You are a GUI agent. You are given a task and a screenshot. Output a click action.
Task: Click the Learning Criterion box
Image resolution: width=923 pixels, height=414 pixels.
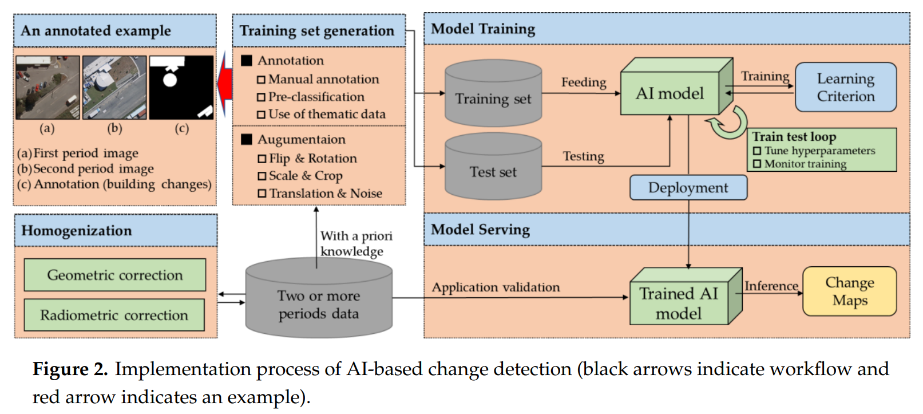pos(845,87)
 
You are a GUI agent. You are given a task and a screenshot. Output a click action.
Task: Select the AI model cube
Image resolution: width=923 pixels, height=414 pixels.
pos(670,93)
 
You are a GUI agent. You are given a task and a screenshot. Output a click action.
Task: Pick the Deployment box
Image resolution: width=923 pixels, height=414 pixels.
pos(688,188)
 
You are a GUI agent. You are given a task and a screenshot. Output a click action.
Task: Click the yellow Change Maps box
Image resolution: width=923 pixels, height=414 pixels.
pos(849,291)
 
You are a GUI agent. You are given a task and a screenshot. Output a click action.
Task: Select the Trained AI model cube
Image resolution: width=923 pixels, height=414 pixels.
pos(679,303)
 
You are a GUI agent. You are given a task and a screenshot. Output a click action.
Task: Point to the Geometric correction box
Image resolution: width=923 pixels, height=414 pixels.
pos(114,275)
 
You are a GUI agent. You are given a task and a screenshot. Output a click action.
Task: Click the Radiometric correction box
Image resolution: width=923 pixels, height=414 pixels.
pos(114,315)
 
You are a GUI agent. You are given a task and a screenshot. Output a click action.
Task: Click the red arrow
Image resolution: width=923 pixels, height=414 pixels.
pos(225,85)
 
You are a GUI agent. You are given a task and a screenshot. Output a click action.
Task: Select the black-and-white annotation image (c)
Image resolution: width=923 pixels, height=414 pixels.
pos(181,87)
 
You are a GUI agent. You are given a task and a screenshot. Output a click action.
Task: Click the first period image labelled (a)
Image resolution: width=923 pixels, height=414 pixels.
pos(47,87)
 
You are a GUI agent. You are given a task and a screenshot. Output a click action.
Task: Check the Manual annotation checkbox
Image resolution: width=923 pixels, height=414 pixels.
pos(262,80)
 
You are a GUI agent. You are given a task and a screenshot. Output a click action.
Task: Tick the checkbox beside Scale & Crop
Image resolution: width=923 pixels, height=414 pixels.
pos(262,176)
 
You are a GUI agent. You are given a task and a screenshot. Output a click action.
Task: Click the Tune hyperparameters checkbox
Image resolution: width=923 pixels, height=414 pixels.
pos(757,151)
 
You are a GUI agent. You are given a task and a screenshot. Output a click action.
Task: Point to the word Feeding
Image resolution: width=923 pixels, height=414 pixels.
pos(583,82)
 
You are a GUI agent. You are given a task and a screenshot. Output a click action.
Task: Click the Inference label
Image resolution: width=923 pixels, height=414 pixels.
pos(771,286)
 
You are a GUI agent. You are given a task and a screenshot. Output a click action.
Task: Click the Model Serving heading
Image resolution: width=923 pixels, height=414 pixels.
pos(480,230)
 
